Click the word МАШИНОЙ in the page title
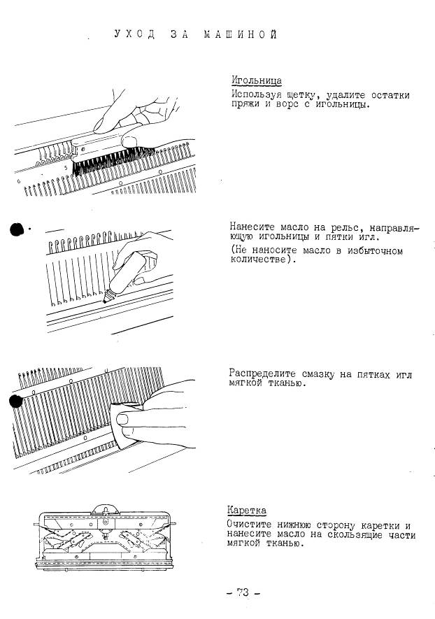click(241, 34)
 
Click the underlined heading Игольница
click(257, 81)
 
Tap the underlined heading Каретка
click(247, 511)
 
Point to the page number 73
click(243, 592)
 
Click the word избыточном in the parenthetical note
click(375, 251)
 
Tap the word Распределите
click(262, 373)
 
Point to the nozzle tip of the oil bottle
click(105, 301)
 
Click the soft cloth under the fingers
click(124, 427)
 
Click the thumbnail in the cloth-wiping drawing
click(123, 419)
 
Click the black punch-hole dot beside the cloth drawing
click(16, 401)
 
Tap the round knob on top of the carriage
click(104, 509)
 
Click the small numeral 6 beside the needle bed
click(19, 181)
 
